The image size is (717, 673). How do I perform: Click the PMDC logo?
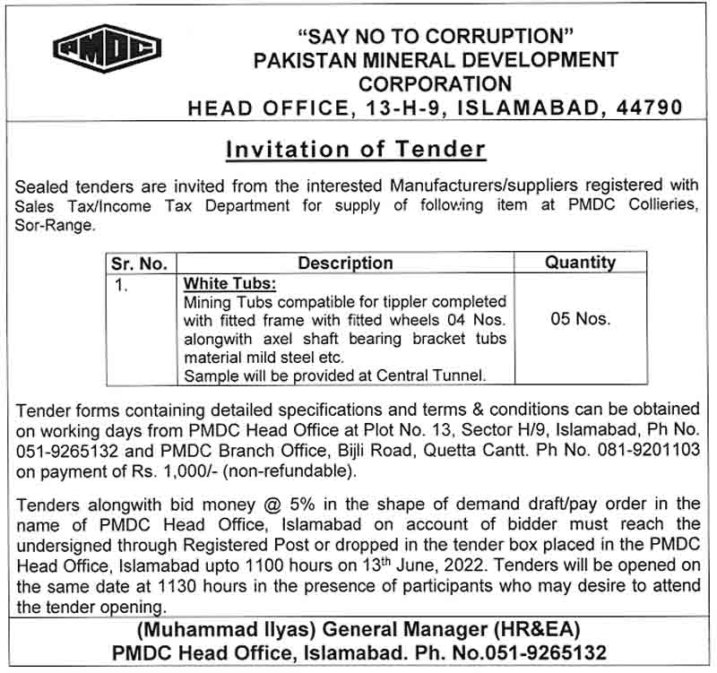(x=107, y=49)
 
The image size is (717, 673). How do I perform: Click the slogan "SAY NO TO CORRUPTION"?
(x=436, y=38)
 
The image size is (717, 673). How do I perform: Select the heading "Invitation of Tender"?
(x=356, y=149)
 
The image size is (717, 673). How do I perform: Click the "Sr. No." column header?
(x=139, y=263)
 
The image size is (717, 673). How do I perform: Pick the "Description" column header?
(x=345, y=263)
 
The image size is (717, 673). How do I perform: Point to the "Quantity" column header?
(x=580, y=263)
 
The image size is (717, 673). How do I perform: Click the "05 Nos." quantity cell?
(x=580, y=319)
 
